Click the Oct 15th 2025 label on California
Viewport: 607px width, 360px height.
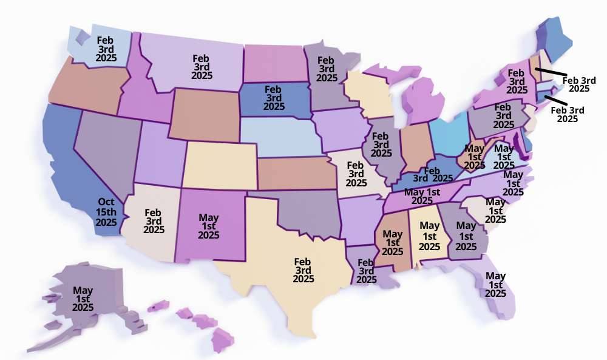point(106,212)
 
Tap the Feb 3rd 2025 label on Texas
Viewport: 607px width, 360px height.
point(303,270)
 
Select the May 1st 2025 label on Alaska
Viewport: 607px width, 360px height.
point(83,299)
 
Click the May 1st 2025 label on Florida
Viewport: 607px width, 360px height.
point(495,285)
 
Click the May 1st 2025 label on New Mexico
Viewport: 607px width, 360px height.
point(209,226)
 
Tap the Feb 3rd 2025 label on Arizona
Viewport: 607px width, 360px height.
point(154,221)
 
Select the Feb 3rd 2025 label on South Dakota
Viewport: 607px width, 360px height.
point(274,97)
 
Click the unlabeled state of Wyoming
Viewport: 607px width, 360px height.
point(204,115)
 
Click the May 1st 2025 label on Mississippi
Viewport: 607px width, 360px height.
point(393,243)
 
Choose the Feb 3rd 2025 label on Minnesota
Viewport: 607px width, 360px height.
point(326,69)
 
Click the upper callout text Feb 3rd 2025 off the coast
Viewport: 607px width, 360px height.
point(579,84)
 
